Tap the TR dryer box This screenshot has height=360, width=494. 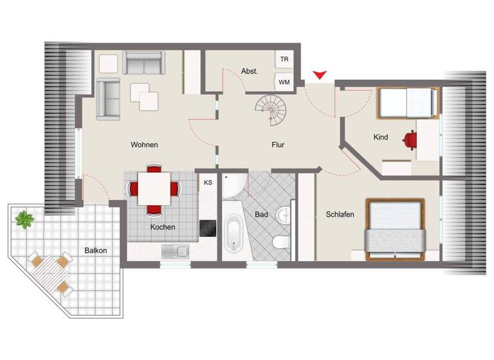(x=284, y=60)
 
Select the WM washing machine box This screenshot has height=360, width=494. (x=284, y=82)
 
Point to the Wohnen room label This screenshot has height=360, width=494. (x=144, y=145)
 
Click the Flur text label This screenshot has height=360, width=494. (x=277, y=145)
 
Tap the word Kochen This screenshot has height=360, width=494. (x=163, y=227)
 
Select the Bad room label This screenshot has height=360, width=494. (x=261, y=214)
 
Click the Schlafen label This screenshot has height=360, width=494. (x=340, y=214)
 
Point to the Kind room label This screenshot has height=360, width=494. (x=381, y=137)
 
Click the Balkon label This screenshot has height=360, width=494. (x=96, y=250)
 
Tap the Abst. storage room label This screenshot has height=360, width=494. (x=250, y=71)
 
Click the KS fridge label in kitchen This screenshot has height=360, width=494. (x=208, y=183)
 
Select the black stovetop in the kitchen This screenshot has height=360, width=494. (x=207, y=228)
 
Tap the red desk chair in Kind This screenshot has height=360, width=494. (x=410, y=138)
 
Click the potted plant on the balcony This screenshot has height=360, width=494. (x=25, y=220)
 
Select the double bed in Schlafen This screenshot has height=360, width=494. (x=394, y=230)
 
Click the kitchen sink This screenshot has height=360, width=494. (x=174, y=251)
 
